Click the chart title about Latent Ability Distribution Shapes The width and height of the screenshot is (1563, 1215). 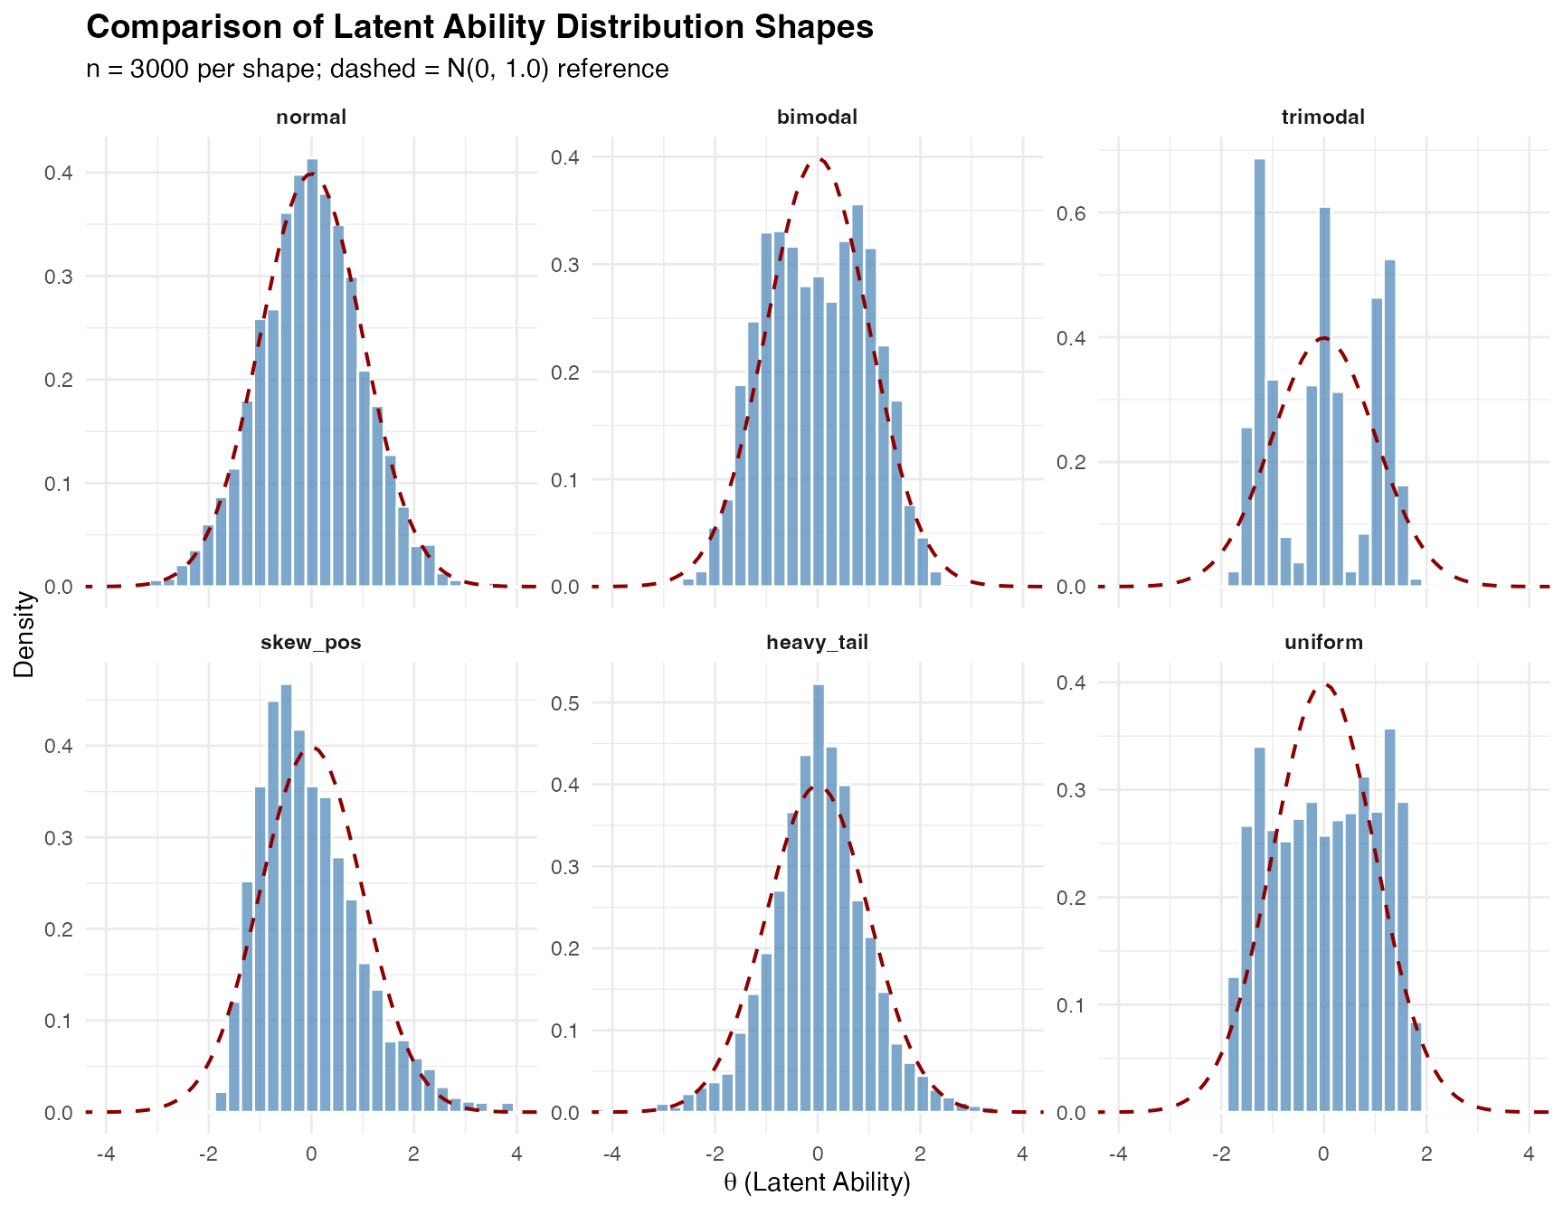479,27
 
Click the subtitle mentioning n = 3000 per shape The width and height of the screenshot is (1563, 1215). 377,70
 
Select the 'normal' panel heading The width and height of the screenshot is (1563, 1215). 311,118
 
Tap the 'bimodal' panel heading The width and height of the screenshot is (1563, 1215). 817,118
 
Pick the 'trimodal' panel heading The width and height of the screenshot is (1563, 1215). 1322,118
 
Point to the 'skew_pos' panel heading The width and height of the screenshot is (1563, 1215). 311,643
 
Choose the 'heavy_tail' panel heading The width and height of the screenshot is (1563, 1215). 817,643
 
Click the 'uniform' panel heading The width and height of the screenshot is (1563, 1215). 1322,643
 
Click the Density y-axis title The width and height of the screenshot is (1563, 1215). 24,634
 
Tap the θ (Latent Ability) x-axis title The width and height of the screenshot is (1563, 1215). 817,1182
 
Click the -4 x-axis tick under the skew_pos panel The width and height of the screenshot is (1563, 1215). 106,1154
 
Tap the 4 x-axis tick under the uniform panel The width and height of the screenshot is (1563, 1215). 1529,1154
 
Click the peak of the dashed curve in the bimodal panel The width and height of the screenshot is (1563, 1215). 818,160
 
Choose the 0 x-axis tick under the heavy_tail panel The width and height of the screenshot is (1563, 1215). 818,1154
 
